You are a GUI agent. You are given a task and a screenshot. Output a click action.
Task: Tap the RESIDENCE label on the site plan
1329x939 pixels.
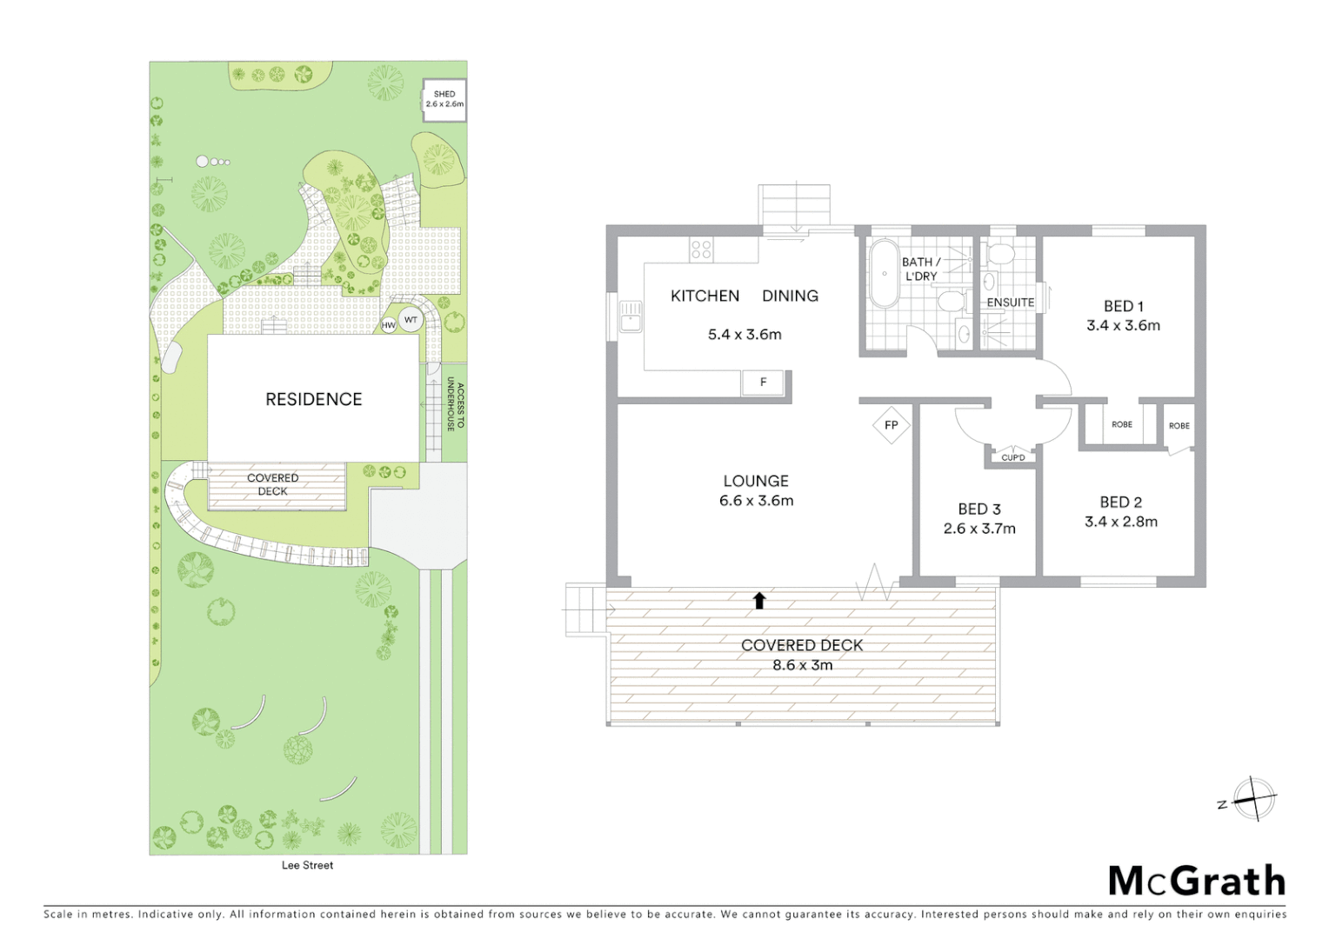coord(313,399)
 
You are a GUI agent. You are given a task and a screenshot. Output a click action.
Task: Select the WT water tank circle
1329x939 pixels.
coord(411,320)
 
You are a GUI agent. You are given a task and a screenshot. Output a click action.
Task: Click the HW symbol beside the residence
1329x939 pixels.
coord(389,325)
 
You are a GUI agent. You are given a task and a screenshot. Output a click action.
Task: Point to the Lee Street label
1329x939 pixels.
coord(307,865)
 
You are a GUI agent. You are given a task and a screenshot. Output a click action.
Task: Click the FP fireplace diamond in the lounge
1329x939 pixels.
coord(891,425)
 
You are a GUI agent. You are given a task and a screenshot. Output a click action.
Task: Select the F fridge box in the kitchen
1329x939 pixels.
coord(763,382)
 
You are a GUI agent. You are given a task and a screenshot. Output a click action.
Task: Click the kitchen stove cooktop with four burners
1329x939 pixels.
coord(701,250)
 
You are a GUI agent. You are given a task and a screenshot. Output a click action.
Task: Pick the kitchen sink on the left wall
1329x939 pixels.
coord(631,316)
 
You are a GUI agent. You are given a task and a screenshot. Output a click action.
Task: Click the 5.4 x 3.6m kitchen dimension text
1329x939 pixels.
coord(745,334)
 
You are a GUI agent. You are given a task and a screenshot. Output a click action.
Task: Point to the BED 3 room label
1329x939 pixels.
coord(979,509)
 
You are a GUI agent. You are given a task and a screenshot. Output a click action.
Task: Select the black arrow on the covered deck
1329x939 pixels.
coord(759,600)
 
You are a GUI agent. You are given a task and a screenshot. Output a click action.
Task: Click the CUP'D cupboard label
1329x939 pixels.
coord(1013,457)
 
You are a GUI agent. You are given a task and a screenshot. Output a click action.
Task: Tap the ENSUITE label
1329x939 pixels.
coord(1010,303)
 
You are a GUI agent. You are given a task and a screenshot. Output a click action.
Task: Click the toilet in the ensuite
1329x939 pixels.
coord(1001,253)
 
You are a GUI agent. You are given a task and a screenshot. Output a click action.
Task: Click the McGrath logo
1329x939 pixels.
coord(1197,881)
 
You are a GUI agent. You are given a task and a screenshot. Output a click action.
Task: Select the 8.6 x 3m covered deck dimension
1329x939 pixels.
coord(802,665)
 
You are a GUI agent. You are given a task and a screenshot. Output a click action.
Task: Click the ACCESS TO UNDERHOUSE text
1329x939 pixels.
coord(456,405)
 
